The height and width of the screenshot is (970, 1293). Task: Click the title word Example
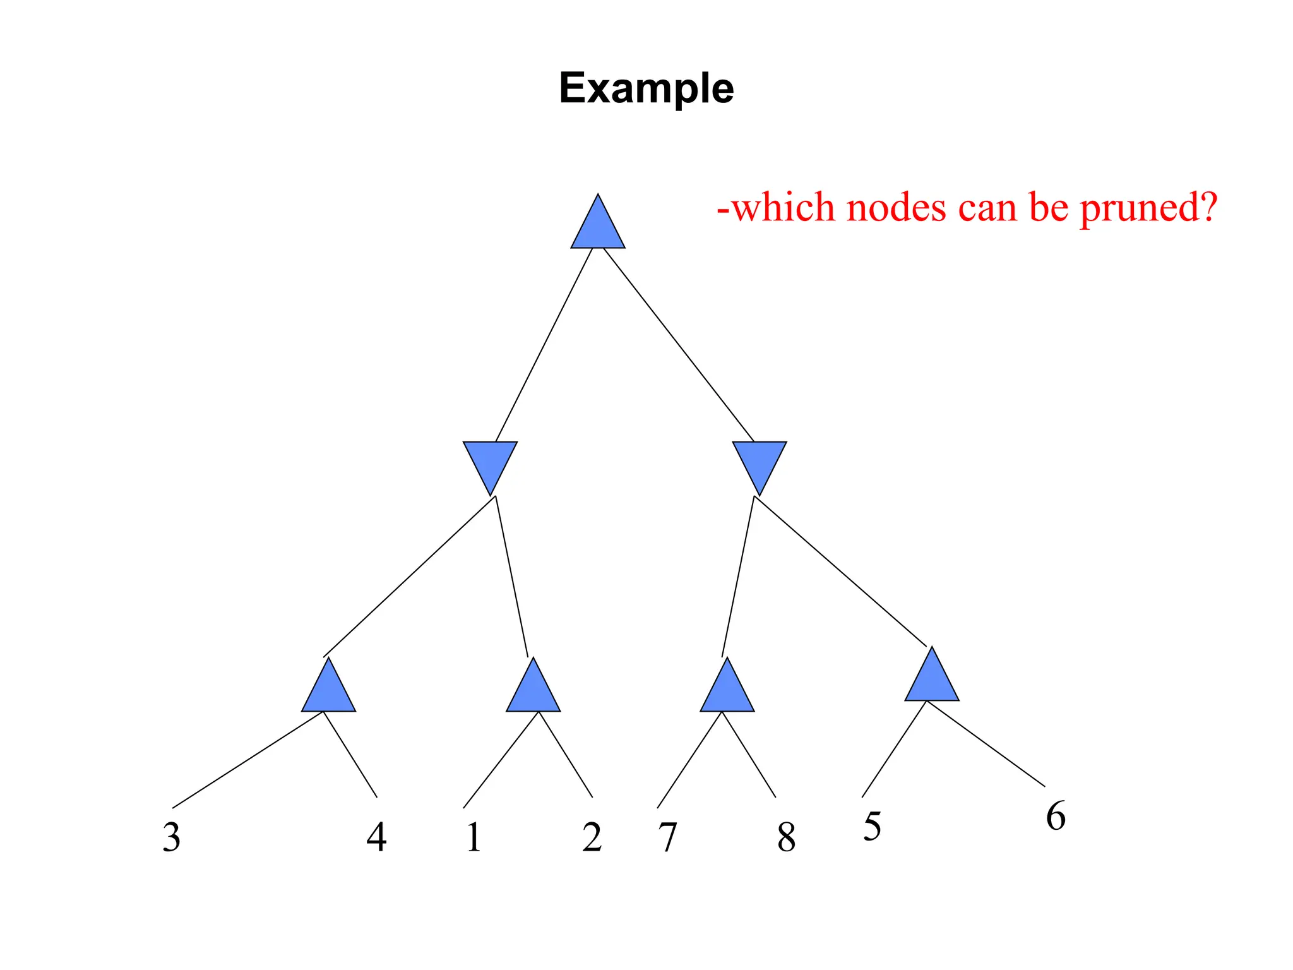coord(646,88)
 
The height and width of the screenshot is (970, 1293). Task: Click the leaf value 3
coord(172,837)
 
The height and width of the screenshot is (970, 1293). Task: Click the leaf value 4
coord(377,837)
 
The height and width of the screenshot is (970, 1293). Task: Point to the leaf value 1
coord(474,837)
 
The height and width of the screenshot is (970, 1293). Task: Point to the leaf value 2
coord(592,837)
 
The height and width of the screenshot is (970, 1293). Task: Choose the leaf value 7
coord(667,837)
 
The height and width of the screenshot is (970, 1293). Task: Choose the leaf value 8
coord(786,837)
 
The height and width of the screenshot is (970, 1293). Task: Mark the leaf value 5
coord(872,827)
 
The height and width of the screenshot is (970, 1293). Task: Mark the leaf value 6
coord(1056,816)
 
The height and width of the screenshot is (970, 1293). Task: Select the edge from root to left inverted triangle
coord(544,345)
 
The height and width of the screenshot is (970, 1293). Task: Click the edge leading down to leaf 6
coord(985,743)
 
